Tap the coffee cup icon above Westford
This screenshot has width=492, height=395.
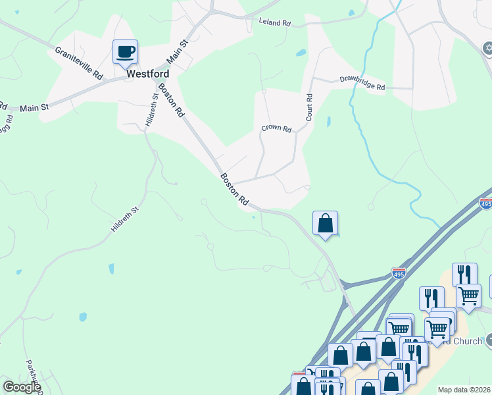125,51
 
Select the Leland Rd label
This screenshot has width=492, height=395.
275,22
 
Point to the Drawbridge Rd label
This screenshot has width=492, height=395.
362,83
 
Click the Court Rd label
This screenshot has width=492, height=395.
308,107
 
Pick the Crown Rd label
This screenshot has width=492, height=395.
276,129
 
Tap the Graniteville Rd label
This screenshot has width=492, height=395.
79,63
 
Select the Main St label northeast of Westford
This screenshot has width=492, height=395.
178,51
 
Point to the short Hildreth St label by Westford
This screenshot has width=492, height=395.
150,110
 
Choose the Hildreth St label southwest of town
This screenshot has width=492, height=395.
125,221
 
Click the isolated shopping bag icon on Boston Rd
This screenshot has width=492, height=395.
325,223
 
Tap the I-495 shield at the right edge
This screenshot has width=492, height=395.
486,204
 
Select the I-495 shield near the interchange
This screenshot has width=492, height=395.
399,273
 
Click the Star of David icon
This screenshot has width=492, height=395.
487,48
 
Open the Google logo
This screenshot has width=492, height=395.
21,387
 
